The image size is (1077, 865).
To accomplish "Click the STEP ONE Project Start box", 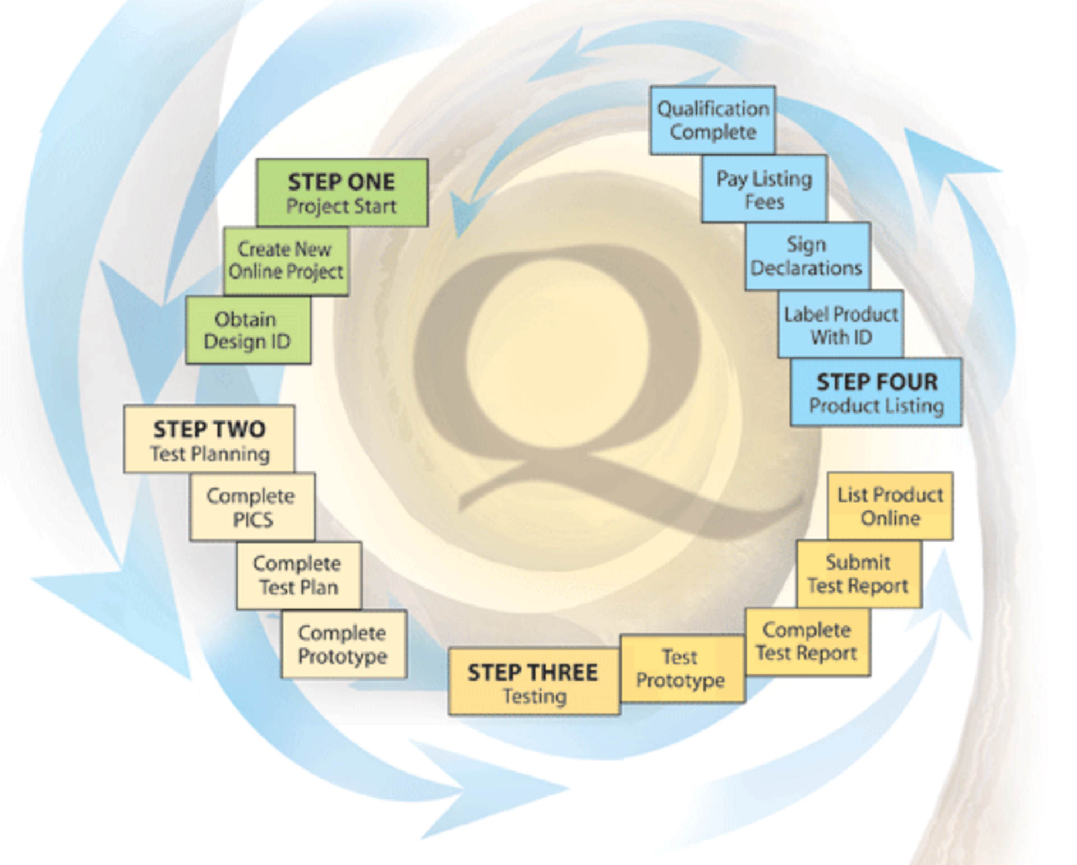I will pos(342,193).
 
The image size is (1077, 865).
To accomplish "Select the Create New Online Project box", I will pos(286,261).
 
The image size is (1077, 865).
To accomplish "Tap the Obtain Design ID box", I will pos(248,330).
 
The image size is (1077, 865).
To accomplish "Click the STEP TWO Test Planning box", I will pos(209,439).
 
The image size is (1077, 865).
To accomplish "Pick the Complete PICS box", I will pos(252,507).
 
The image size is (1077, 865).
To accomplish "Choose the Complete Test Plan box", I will pos(298,575).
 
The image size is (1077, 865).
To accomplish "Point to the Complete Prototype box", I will pos(343,644).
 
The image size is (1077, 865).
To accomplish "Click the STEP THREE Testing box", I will pos(533,682).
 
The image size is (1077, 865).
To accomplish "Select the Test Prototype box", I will pos(682,668).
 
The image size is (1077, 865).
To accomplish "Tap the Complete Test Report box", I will pos(807,642).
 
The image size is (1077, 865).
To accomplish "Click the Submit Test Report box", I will pos(858,574).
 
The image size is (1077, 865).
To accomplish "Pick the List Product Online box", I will pos(890,506).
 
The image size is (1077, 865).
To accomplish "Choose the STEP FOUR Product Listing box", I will pos(876,392).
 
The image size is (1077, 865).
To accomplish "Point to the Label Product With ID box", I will pos(841,325).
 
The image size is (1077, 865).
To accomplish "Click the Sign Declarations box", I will pos(807,256).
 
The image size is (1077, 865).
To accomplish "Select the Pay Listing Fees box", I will pos(764,189).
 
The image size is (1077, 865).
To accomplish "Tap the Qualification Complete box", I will pos(713,120).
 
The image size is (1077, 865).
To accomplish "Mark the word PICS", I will pos(253,520).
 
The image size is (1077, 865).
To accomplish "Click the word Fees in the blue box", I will pos(764,201).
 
